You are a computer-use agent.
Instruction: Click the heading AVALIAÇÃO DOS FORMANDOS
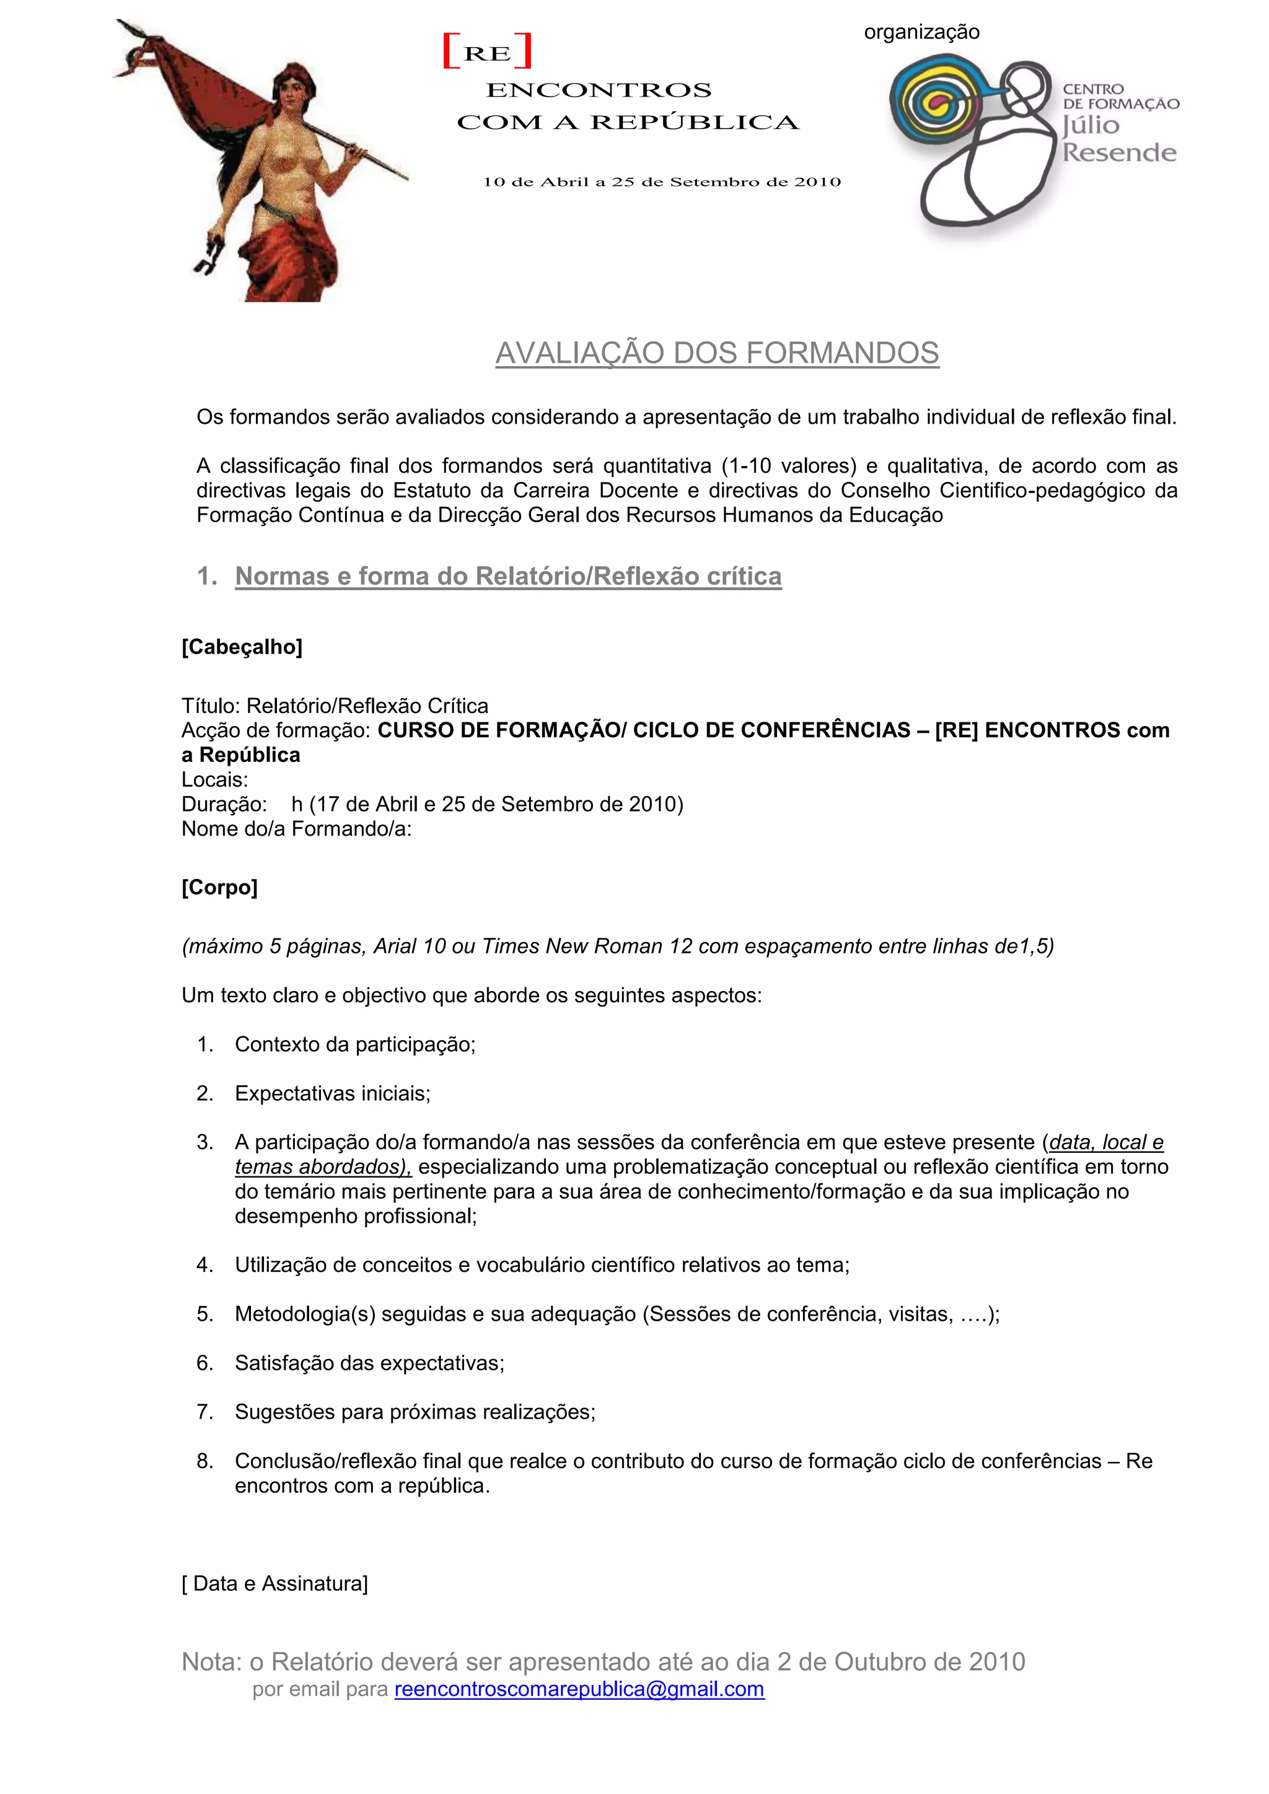coord(716,353)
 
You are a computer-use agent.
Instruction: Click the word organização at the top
coord(921,32)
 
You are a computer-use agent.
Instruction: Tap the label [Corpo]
coord(219,888)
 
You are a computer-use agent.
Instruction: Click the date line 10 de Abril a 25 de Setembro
coord(661,182)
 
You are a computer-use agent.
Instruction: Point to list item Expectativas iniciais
coord(332,1093)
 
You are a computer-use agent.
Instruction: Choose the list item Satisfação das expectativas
coord(369,1363)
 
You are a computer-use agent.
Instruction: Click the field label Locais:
coord(214,780)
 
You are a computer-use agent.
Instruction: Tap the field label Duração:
coord(224,804)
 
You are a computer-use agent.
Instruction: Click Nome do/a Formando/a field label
coord(296,829)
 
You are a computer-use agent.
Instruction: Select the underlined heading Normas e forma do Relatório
coord(508,577)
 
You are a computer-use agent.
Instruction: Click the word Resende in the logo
coord(1118,152)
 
